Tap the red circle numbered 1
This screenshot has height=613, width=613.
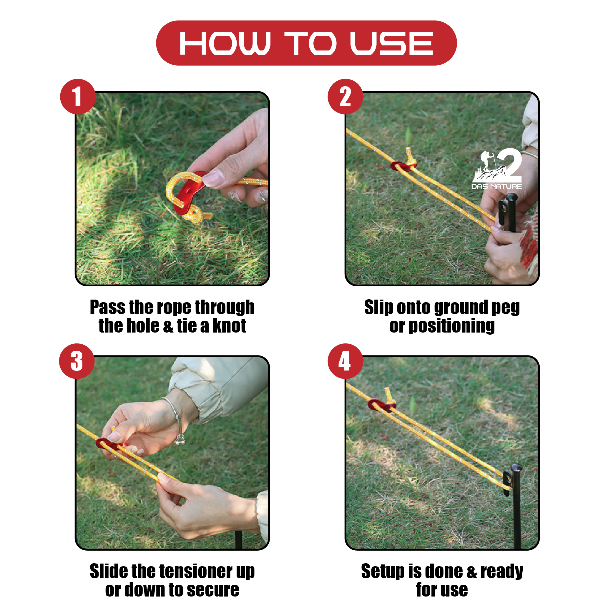pos(78,97)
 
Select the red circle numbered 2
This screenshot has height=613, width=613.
pos(345,97)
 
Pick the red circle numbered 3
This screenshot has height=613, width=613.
pos(77,361)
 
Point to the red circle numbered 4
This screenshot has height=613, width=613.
pos(345,361)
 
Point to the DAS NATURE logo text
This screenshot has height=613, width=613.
pos(496,186)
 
